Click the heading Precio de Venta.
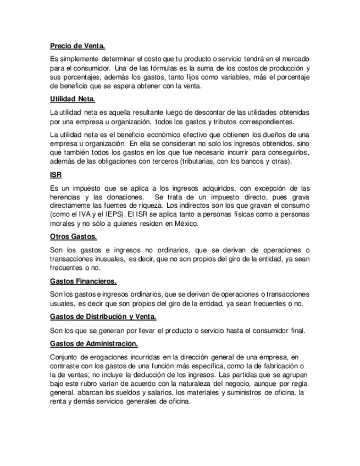(77, 47)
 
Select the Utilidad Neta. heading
(73, 99)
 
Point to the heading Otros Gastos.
(74, 237)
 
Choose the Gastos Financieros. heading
(83, 281)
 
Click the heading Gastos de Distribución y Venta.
(103, 317)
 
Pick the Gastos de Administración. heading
(94, 343)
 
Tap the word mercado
(295, 58)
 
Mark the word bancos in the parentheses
(242, 162)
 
